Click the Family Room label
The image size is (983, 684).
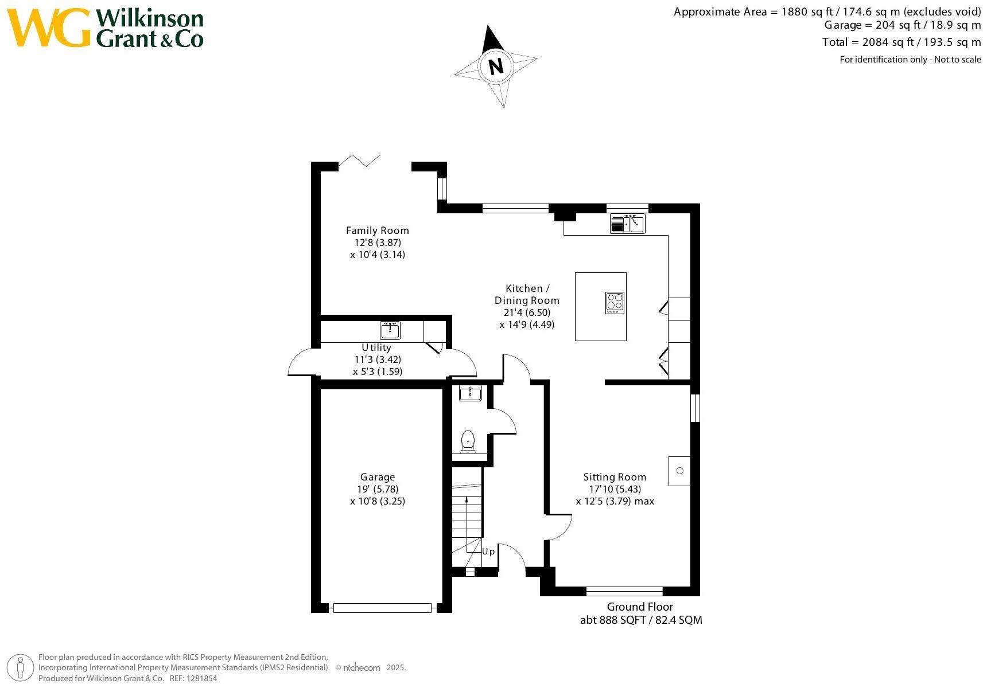tap(377, 230)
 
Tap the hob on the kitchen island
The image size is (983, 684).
tap(615, 302)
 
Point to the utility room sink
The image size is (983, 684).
tap(390, 331)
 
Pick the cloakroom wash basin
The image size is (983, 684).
tap(471, 393)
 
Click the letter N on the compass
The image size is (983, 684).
tap(496, 66)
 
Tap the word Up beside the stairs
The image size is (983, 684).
tap(488, 552)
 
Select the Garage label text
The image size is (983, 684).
tap(378, 477)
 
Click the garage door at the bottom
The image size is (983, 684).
tap(382, 608)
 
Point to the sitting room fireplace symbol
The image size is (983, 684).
tap(679, 471)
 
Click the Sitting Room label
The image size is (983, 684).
tap(615, 477)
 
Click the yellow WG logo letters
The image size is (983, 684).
tap(49, 28)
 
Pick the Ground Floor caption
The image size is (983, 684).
tap(640, 607)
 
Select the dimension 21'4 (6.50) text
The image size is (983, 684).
tap(527, 312)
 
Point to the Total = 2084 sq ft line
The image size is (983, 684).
tap(901, 42)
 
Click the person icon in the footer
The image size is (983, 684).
tap(21, 668)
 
